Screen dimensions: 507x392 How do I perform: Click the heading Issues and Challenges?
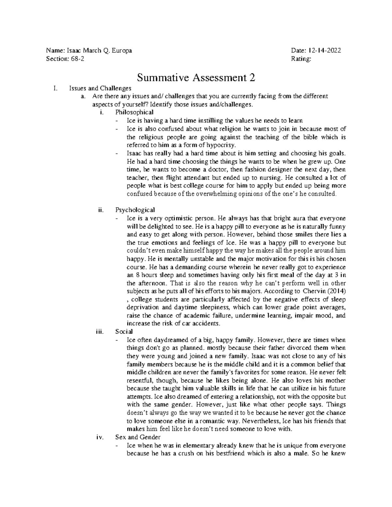point(100,88)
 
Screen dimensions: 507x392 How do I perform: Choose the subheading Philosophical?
point(134,112)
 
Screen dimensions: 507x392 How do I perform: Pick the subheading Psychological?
point(135,210)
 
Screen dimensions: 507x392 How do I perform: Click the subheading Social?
point(124,332)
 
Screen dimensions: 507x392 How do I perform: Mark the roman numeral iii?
point(98,332)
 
